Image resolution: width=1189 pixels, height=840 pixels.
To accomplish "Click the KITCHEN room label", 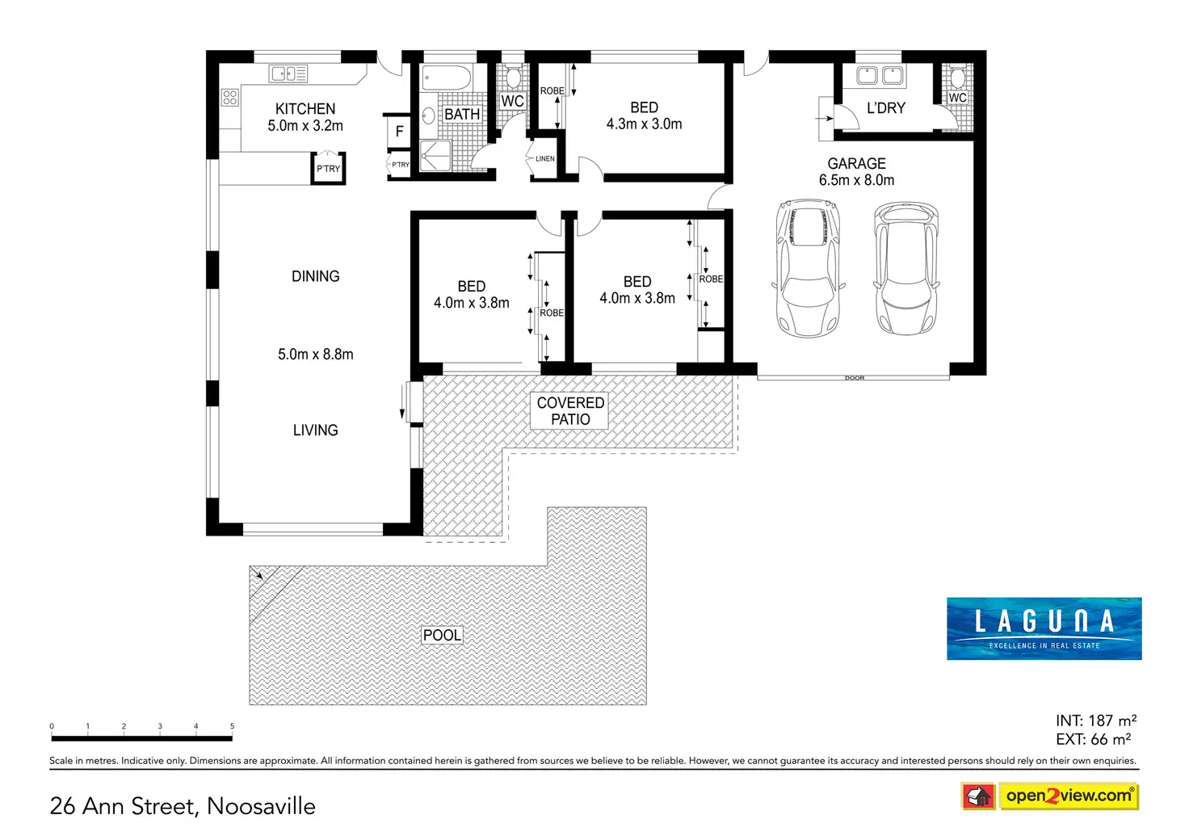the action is pyautogui.click(x=305, y=109).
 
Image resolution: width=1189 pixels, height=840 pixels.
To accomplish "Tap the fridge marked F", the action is pyautogui.click(x=399, y=132).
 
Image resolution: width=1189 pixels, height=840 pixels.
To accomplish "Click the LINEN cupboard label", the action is pyautogui.click(x=545, y=158).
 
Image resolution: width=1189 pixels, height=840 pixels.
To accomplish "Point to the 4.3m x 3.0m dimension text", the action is pyautogui.click(x=644, y=124).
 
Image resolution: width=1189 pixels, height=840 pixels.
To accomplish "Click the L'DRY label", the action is pyautogui.click(x=886, y=108).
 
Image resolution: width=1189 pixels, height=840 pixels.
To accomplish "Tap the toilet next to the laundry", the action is pyautogui.click(x=957, y=78).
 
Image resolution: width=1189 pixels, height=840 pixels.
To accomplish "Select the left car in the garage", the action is pyautogui.click(x=808, y=268).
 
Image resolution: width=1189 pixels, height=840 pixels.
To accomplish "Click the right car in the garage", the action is pyautogui.click(x=906, y=268).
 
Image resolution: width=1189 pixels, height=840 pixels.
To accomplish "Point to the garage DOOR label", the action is pyautogui.click(x=855, y=378).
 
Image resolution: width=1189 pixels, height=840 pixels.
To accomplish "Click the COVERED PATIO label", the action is pyautogui.click(x=570, y=411).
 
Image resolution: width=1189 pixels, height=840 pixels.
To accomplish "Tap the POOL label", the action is pyautogui.click(x=443, y=636).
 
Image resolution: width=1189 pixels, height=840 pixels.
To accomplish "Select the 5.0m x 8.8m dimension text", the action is pyautogui.click(x=315, y=355).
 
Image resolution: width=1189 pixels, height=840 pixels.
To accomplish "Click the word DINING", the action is pyautogui.click(x=315, y=276).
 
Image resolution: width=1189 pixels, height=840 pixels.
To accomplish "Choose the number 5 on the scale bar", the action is pyautogui.click(x=232, y=726).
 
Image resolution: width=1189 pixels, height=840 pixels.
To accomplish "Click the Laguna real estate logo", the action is pyautogui.click(x=1044, y=628).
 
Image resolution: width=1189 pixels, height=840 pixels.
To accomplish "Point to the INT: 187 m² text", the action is pyautogui.click(x=1095, y=720).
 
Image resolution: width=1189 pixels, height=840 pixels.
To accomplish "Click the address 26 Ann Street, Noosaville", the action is pyautogui.click(x=183, y=806).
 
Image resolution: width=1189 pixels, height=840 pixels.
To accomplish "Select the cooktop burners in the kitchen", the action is pyautogui.click(x=230, y=98).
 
